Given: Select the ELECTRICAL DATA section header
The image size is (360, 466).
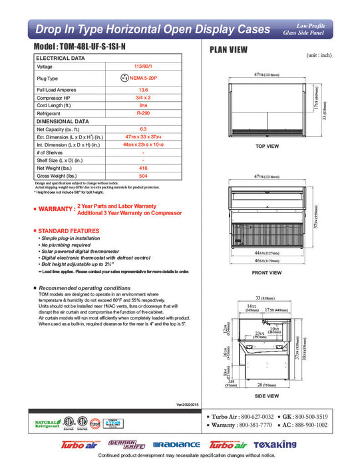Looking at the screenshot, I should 61,59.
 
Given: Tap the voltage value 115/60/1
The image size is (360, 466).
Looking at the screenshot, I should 142,67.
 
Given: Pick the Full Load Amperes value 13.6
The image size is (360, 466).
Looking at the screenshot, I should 142,89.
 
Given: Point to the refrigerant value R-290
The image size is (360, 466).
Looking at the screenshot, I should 142,114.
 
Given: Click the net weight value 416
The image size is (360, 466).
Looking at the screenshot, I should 142,169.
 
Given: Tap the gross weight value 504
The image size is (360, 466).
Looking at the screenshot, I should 142,177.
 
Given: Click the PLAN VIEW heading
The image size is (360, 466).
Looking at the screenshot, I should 230,49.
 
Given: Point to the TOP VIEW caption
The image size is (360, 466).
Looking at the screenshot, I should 267,146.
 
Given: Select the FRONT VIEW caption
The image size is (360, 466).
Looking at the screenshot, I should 267,273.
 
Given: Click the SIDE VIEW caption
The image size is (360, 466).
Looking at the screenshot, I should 267,395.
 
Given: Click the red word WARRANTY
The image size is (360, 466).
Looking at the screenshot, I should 56,210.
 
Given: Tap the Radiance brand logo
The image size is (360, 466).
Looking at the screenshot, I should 176,445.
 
